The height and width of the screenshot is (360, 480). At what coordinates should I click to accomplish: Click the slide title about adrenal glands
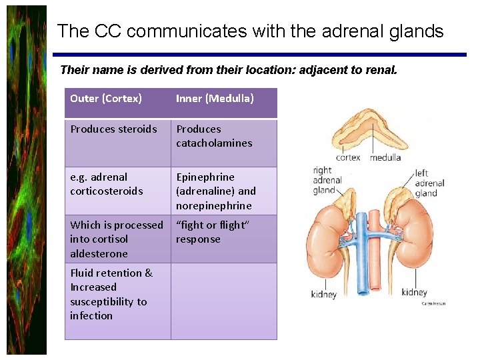point(250,31)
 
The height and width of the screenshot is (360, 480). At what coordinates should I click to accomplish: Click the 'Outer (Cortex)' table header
point(106,99)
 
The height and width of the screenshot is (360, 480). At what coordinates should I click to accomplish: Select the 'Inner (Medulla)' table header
point(215,99)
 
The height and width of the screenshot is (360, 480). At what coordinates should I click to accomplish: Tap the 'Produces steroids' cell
point(113,129)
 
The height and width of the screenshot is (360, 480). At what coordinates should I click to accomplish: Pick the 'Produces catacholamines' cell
point(214,136)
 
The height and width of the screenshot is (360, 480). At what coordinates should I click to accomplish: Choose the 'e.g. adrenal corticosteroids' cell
point(107,184)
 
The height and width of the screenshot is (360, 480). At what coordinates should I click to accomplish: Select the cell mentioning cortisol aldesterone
point(117,239)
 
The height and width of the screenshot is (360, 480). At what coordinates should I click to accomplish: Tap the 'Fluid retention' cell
point(111,294)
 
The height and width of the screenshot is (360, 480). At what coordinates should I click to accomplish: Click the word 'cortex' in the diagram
point(348,157)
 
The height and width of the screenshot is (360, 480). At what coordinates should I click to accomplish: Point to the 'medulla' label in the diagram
point(385,157)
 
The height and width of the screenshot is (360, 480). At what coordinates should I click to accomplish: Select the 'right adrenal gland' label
point(327,180)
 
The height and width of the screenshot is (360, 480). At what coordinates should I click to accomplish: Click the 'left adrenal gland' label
point(429,183)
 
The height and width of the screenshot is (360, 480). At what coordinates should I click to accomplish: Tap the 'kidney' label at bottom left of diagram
point(324,294)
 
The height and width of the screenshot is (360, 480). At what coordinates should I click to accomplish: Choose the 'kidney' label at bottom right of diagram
point(414,292)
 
